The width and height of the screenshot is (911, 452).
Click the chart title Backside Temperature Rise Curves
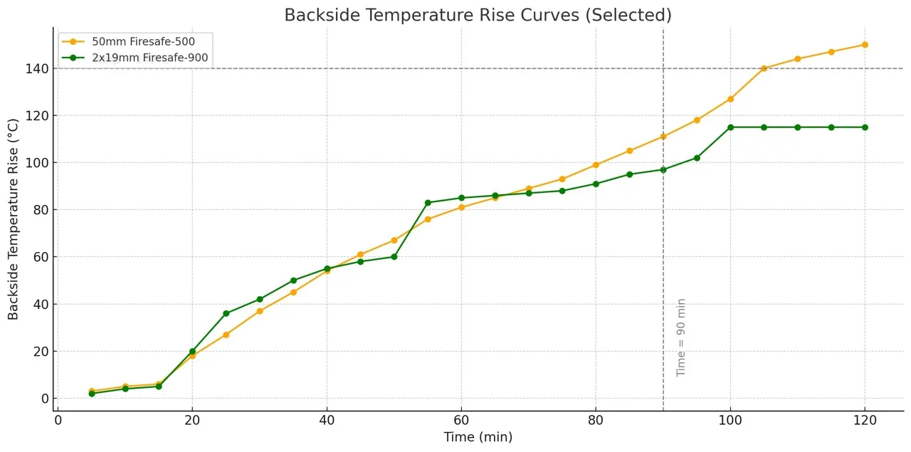point(478,15)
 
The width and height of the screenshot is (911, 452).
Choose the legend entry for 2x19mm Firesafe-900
point(149,58)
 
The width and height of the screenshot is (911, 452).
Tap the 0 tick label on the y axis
point(43,399)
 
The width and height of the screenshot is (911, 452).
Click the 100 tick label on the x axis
point(730,421)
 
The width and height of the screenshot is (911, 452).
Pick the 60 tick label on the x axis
point(460,421)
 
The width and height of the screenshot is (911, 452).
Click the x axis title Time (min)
point(478,437)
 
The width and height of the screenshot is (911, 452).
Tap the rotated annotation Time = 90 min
point(681,337)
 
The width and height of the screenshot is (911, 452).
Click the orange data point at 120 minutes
point(865,45)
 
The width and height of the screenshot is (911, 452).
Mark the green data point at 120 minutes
point(865,127)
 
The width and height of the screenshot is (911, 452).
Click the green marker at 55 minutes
point(428,203)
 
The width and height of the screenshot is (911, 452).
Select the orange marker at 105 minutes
point(764,68)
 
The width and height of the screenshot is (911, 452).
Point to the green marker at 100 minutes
point(730,127)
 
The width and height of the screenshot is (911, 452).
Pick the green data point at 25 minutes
point(226,313)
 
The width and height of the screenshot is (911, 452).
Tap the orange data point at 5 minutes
point(92,391)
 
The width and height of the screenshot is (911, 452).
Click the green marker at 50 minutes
point(394,257)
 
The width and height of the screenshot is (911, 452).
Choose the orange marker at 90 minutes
point(663,137)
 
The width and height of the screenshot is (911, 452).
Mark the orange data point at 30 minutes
point(260,311)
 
